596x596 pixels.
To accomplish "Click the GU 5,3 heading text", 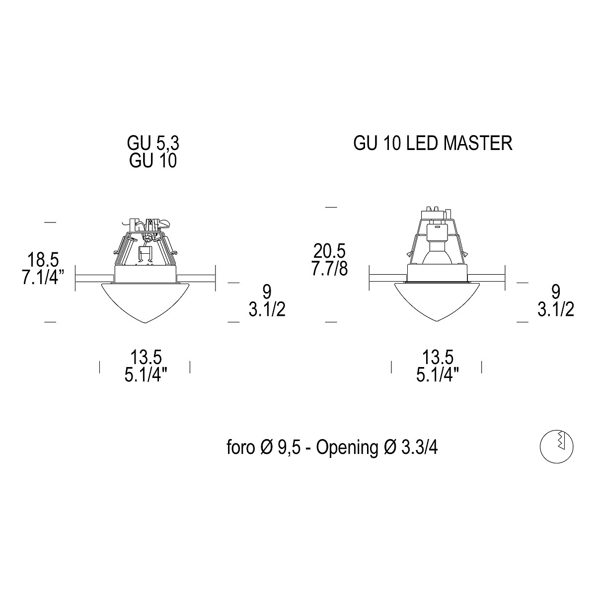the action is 153,143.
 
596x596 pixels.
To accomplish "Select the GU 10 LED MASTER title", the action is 433,143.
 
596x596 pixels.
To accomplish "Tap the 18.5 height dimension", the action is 43,259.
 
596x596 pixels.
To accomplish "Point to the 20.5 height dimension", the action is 329,251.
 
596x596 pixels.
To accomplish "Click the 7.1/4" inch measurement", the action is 43,278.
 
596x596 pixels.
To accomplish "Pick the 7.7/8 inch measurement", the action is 329,269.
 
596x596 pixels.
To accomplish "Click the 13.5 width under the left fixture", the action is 146,357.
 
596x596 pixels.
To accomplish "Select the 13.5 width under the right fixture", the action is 438,357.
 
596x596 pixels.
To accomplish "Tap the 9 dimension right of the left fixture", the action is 267,292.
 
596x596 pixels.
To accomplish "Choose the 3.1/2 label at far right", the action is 556,309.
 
